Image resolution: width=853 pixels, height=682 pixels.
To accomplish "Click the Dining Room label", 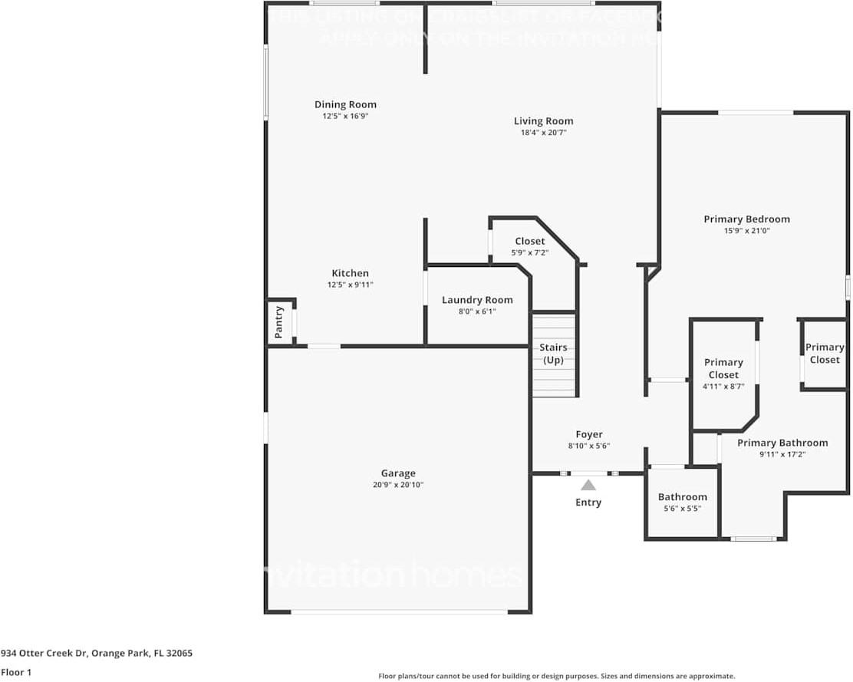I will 345,105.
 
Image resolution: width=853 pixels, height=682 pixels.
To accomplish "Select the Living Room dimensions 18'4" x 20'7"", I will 543,133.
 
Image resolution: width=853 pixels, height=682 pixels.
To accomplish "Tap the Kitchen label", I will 350,273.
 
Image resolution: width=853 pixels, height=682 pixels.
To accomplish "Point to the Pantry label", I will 279,322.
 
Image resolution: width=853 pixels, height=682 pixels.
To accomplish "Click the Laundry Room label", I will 477,300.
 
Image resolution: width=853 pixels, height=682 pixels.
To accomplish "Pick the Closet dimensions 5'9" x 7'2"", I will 530,252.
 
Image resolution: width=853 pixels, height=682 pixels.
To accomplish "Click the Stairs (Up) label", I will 553,354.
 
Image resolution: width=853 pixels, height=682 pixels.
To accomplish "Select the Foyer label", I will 589,434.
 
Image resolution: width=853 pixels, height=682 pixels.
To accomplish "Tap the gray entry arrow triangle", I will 588,485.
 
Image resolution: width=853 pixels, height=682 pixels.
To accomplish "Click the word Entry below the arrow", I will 588,502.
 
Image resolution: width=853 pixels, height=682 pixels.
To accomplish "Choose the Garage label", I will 398,473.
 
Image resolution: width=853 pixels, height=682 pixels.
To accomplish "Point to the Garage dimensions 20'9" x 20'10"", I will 398,485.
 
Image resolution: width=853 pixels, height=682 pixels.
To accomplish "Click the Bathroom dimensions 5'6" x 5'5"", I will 682,509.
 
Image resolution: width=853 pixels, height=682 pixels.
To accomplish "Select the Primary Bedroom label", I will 746,219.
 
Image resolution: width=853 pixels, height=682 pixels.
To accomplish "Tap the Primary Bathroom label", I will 782,443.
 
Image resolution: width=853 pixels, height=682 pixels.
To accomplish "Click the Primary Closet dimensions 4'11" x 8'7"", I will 723,387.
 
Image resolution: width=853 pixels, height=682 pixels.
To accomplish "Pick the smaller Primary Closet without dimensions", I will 825,354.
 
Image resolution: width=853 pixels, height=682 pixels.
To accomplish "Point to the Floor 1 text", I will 17,672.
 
